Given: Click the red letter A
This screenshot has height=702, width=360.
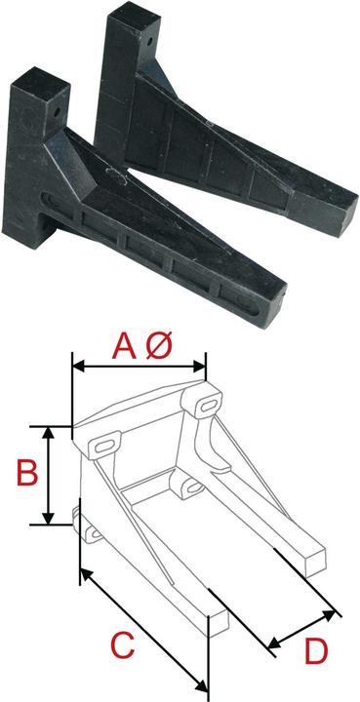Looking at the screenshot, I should point(124,346).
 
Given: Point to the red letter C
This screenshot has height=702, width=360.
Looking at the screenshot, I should point(121,646).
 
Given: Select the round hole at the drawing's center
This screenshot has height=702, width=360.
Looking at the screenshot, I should point(182,487).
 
